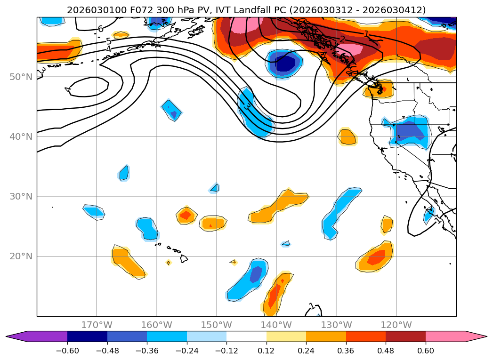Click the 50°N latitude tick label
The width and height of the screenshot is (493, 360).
click(21, 77)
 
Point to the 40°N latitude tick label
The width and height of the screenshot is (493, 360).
click(21, 136)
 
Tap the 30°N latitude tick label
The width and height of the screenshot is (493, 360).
click(21, 196)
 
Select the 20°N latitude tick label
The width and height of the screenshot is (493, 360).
click(21, 256)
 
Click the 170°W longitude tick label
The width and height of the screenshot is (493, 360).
click(97, 325)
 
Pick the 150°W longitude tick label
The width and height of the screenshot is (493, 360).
click(217, 325)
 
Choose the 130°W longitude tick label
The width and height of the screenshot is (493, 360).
click(336, 325)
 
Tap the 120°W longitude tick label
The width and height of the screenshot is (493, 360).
click(396, 325)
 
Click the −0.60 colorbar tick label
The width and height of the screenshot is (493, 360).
click(67, 351)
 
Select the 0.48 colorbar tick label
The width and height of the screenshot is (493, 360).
click(386, 351)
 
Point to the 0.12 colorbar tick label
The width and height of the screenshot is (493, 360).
click(266, 351)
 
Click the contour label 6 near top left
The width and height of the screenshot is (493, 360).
click(100, 29)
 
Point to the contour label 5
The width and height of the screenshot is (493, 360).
click(108, 41)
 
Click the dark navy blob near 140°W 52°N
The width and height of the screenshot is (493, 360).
click(284, 63)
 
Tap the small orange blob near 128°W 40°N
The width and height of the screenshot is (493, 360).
click(348, 137)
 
